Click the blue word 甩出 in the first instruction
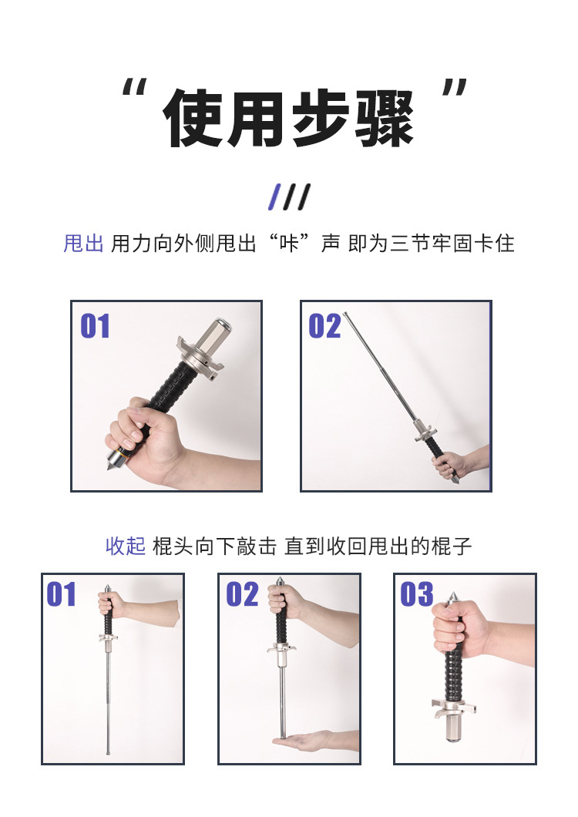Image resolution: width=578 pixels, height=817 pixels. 83,244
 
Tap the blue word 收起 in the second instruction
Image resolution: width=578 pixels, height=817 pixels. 126,546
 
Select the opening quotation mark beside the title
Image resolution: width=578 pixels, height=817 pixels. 134,87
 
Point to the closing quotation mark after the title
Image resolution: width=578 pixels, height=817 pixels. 455,87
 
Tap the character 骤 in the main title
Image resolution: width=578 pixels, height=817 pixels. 385,118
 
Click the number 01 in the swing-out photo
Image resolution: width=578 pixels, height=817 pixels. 95,326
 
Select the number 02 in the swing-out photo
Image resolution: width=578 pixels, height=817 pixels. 324,326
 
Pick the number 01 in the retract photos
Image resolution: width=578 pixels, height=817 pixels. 61,594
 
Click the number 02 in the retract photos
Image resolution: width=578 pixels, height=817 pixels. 242,594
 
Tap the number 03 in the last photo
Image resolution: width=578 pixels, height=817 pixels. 416,594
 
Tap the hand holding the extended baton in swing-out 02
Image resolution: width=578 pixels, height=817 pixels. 449,464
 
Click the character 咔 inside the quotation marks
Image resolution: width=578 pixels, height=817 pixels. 289,244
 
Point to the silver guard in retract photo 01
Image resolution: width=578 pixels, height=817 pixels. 108,637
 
